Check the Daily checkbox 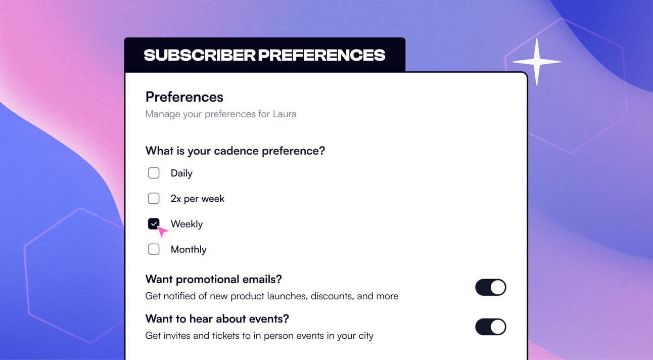point(154,173)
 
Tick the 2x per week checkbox point(154,198)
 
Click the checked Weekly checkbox point(154,223)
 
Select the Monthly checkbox point(154,249)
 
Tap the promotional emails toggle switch point(490,287)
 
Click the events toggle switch point(490,327)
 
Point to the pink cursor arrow point(162,232)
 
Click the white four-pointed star point(537,62)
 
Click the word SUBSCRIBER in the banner point(199,55)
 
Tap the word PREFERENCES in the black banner point(321,55)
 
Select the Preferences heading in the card point(184,97)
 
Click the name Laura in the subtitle point(285,114)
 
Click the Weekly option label point(186,224)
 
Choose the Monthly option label point(189,249)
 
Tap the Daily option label point(181,173)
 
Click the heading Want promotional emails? point(213,279)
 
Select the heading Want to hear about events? point(217,319)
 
